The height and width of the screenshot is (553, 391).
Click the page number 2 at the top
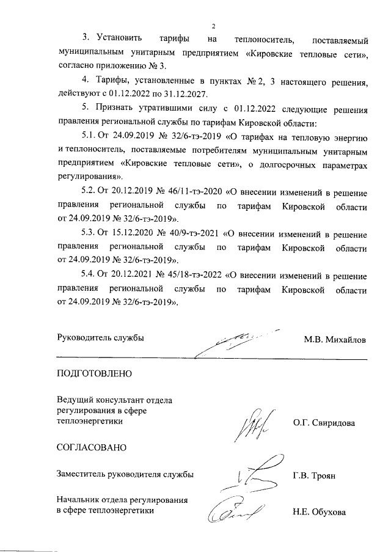[x=214, y=26]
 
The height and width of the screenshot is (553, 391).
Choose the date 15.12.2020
[x=133, y=234]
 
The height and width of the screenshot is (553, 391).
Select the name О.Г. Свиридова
[x=324, y=422]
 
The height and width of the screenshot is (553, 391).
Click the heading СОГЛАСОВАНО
[x=92, y=447]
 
